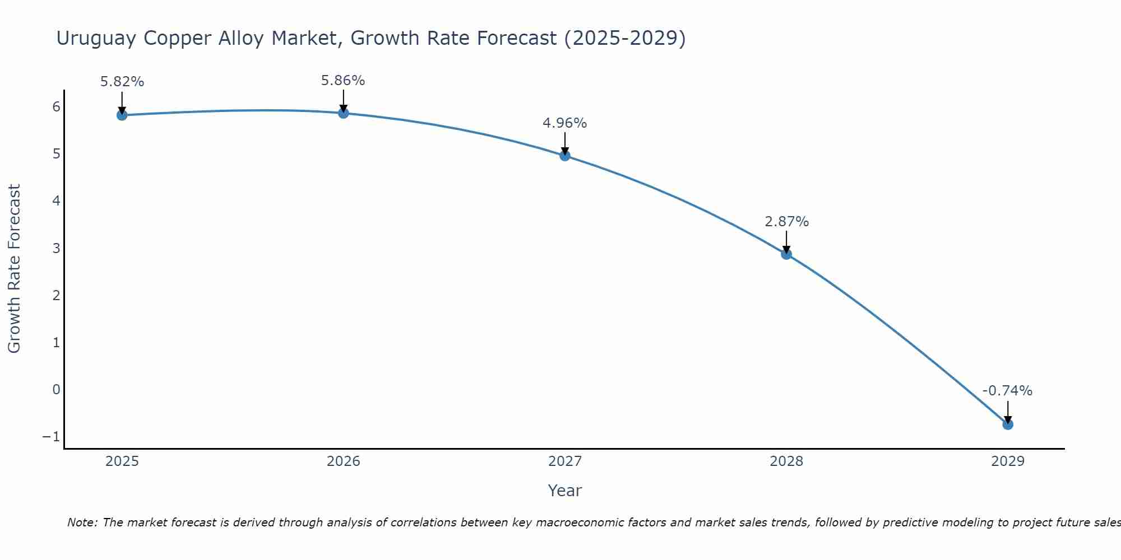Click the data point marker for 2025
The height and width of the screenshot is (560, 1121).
[x=122, y=115]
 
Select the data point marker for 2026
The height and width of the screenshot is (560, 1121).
[x=344, y=113]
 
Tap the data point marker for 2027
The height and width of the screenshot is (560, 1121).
[x=565, y=156]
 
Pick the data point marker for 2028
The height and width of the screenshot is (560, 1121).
[x=786, y=254]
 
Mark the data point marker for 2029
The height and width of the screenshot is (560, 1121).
[x=1008, y=424]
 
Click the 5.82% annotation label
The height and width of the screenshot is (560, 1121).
[x=122, y=82]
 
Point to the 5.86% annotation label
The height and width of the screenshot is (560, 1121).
[x=343, y=81]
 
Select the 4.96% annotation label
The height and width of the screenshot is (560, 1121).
[x=565, y=123]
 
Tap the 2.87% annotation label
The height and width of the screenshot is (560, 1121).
[x=787, y=222]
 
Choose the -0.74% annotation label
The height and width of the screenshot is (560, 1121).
[x=1007, y=391]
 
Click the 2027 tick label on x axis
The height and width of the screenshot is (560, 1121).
[x=565, y=461]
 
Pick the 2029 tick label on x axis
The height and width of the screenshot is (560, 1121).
[x=1008, y=461]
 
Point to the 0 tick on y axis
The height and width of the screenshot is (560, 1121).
[x=56, y=390]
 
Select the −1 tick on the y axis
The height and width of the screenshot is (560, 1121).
[x=51, y=437]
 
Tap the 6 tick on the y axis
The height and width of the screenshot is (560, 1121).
[x=56, y=106]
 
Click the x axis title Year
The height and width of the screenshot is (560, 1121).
[x=565, y=491]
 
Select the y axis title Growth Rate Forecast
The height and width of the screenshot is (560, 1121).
[x=14, y=268]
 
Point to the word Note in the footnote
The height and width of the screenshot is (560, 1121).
[x=82, y=522]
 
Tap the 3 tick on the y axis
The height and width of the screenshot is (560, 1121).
[x=56, y=248]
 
